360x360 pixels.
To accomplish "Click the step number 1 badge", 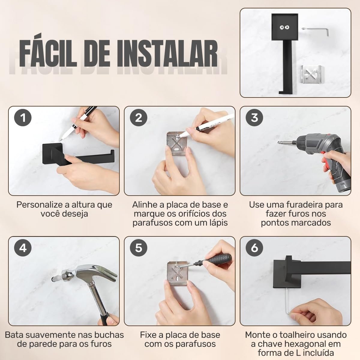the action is point(23,118).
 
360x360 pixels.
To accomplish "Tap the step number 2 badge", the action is point(138,118).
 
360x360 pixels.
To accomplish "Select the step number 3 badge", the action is point(254,118).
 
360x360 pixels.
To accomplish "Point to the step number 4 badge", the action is point(23,248).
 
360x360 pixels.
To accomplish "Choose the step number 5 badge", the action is point(138,248).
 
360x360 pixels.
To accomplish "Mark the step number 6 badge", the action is point(254,248).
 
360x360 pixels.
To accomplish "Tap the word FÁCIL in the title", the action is point(48,51).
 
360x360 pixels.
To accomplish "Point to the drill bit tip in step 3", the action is point(279,142).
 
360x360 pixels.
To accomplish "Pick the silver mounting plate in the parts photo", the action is point(311,74).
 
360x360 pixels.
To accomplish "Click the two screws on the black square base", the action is point(284,28).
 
